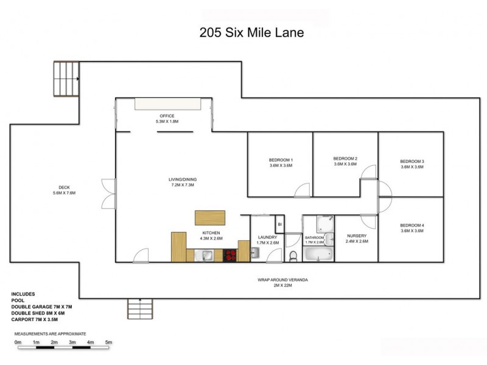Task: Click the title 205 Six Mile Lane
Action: click(x=251, y=33)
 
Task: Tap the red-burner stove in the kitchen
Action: click(x=230, y=255)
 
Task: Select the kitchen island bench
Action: click(x=210, y=218)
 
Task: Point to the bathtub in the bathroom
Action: click(x=318, y=254)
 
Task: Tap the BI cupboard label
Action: click(x=279, y=224)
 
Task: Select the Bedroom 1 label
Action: click(x=281, y=159)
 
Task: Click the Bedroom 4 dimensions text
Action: click(x=412, y=231)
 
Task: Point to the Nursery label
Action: click(x=356, y=235)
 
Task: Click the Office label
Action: click(x=167, y=116)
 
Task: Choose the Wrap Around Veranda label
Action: click(x=281, y=279)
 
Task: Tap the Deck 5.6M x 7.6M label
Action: click(x=64, y=190)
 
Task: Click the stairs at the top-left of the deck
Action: click(x=66, y=79)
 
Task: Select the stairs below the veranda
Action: click(x=140, y=310)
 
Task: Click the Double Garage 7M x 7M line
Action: click(x=41, y=307)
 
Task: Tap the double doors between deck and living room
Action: click(x=108, y=193)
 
